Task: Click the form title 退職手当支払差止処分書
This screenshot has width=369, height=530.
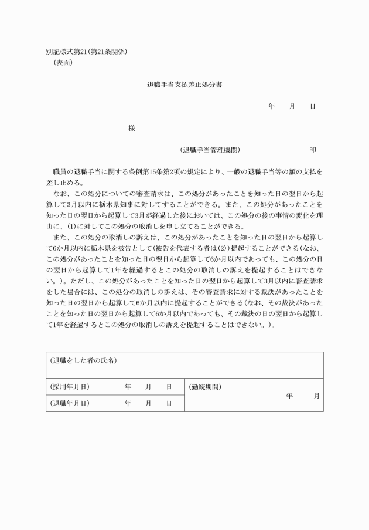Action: (184, 85)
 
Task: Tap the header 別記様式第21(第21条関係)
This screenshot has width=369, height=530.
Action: (86, 52)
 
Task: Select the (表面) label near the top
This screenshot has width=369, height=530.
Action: (63, 62)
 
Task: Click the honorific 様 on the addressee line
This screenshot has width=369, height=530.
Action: (131, 129)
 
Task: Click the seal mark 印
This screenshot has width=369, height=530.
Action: (313, 150)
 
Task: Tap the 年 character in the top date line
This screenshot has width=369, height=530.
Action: (272, 106)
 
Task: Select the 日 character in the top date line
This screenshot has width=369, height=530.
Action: (313, 106)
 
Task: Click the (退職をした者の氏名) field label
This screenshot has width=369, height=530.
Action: (83, 360)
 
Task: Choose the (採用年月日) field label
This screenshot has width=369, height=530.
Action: (70, 387)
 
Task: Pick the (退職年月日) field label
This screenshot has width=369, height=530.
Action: (70, 403)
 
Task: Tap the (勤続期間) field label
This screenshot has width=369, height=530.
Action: (205, 387)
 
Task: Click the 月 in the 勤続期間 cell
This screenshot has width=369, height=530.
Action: (317, 396)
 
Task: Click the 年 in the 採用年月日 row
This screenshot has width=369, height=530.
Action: (128, 387)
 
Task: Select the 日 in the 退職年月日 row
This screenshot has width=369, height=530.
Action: (169, 403)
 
